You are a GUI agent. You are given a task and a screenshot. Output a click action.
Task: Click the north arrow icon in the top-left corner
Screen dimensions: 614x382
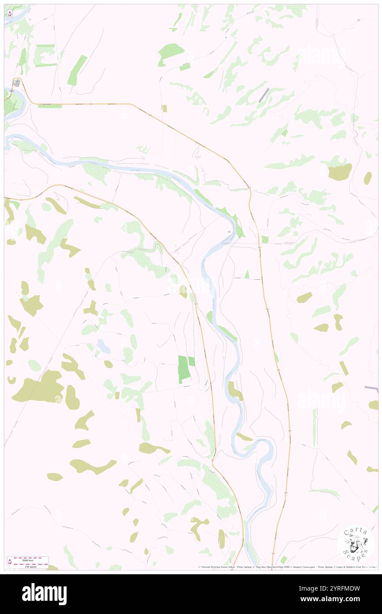point(10,13)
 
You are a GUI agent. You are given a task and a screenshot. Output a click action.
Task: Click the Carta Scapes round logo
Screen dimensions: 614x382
point(356,543)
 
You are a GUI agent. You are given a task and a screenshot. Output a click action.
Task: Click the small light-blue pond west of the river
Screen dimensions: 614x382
point(104,346)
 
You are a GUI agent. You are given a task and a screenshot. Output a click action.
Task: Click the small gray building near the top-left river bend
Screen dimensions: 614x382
point(17,83)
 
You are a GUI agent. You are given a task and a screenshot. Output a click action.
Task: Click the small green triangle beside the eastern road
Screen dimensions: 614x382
point(247,274)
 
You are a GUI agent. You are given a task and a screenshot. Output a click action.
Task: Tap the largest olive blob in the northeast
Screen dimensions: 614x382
point(340,171)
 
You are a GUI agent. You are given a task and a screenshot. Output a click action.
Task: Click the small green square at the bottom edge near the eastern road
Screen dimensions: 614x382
point(283,560)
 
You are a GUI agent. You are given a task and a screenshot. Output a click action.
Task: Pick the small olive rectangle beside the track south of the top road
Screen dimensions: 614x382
point(165,108)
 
